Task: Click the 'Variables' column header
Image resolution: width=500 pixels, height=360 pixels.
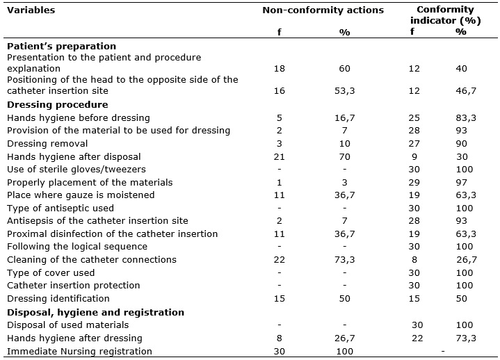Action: [x=31, y=10]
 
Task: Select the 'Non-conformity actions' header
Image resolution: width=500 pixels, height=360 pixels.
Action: [x=323, y=10]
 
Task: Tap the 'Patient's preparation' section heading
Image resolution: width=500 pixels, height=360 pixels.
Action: [x=61, y=46]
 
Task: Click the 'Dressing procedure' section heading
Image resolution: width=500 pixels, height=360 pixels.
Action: [x=58, y=105]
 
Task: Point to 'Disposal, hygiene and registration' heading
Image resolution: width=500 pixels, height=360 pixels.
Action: [x=96, y=312]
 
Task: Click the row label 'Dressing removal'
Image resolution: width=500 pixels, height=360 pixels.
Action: [x=47, y=144]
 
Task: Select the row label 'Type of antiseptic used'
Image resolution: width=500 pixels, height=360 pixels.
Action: [x=61, y=208]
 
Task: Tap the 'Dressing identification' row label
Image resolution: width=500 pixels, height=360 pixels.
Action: [x=58, y=299]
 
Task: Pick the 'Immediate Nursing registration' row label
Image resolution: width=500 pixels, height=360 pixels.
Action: [x=79, y=352]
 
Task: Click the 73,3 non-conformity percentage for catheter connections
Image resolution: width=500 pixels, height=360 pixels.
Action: [x=345, y=260]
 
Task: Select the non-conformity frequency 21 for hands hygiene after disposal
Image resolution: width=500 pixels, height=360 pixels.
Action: [x=280, y=157]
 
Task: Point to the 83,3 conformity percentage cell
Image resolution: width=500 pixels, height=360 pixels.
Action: [x=466, y=118]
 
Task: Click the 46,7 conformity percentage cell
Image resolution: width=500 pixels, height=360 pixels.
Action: [x=466, y=91]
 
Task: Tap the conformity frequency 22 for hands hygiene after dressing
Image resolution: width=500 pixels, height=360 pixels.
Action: [x=417, y=338]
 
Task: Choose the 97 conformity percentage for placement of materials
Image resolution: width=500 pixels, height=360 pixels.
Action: [x=462, y=183]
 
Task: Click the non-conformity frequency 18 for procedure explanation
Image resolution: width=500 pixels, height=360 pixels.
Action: [x=280, y=69]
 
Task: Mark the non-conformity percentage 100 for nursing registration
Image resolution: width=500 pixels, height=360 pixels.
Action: [x=345, y=352]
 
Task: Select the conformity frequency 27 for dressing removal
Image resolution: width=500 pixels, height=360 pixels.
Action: [x=414, y=144]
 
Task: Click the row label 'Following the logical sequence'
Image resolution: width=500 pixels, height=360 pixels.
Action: [x=77, y=247]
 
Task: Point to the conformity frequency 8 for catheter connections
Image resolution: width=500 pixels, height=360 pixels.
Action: [x=414, y=260]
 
